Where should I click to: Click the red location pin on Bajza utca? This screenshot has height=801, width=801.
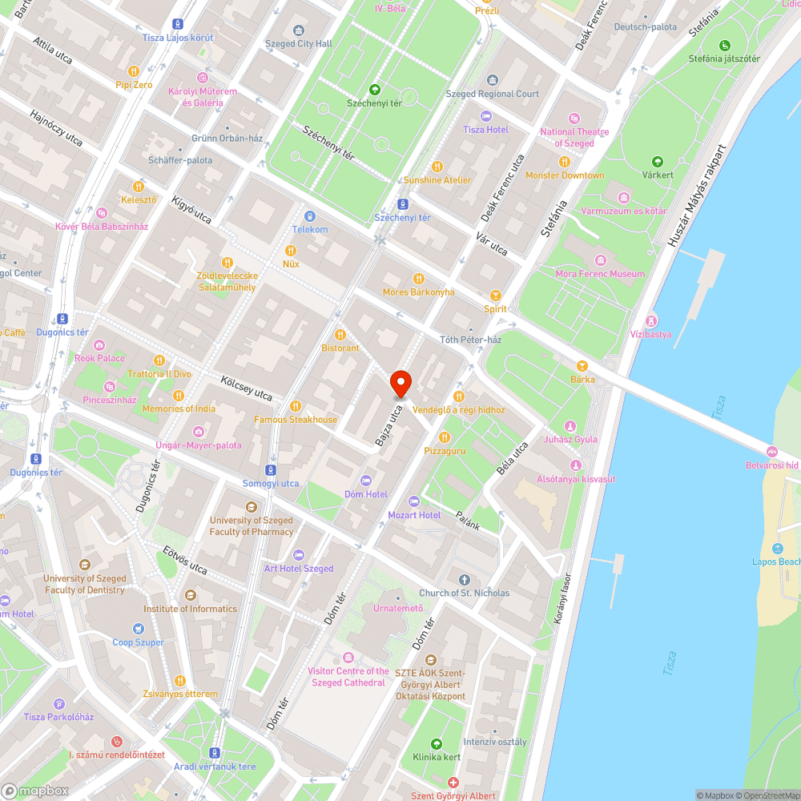tap(400, 384)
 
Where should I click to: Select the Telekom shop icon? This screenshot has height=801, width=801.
tap(310, 216)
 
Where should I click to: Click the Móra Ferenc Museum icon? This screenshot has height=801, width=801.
tap(601, 261)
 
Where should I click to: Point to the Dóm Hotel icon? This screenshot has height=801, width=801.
tap(366, 481)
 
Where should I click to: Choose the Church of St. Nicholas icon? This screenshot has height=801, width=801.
tap(464, 580)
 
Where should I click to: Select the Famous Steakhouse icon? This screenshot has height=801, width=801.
tap(296, 406)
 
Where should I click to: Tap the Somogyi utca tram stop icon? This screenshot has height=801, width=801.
tap(271, 470)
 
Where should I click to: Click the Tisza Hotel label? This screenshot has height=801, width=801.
tap(485, 130)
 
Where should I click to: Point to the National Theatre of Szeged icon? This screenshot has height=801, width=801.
tap(574, 119)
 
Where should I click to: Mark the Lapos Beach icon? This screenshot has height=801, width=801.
tap(777, 549)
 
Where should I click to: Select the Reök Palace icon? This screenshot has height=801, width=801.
tap(100, 358)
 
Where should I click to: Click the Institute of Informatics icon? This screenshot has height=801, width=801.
tap(190, 595)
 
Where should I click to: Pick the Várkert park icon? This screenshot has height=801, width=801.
tap(658, 161)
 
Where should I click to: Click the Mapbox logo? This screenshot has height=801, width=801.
tap(36, 791)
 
